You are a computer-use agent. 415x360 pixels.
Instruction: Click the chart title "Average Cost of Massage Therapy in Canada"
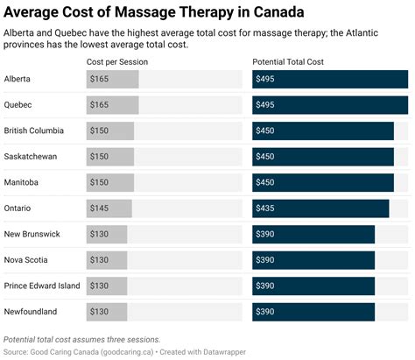154,12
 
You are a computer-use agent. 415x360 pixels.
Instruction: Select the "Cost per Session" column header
117,62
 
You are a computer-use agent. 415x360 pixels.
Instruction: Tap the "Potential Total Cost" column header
288,62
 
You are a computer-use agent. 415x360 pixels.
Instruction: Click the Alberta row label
17,79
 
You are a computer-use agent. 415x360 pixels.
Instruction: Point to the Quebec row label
18,105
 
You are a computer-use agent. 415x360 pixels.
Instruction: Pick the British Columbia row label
34,131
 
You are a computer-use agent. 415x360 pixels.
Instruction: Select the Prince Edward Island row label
42,286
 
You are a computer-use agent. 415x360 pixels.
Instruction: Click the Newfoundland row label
31,312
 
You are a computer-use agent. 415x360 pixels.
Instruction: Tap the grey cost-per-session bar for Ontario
109,208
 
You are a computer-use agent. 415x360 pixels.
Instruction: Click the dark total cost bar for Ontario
320,208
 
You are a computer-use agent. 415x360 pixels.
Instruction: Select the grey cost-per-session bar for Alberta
113,79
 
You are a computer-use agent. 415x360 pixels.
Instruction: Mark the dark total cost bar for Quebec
330,105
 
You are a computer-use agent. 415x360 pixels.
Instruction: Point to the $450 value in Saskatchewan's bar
265,157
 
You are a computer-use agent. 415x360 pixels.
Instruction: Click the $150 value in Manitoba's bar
99,182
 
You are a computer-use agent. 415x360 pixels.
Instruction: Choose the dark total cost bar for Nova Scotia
313,260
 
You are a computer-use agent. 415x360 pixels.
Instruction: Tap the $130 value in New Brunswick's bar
99,234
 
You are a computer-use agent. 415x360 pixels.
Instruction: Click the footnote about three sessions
81,340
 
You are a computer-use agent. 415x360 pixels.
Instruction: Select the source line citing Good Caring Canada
124,352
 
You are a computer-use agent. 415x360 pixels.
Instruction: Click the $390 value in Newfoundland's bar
265,312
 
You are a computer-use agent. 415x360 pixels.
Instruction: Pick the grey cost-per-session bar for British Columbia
110,131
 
